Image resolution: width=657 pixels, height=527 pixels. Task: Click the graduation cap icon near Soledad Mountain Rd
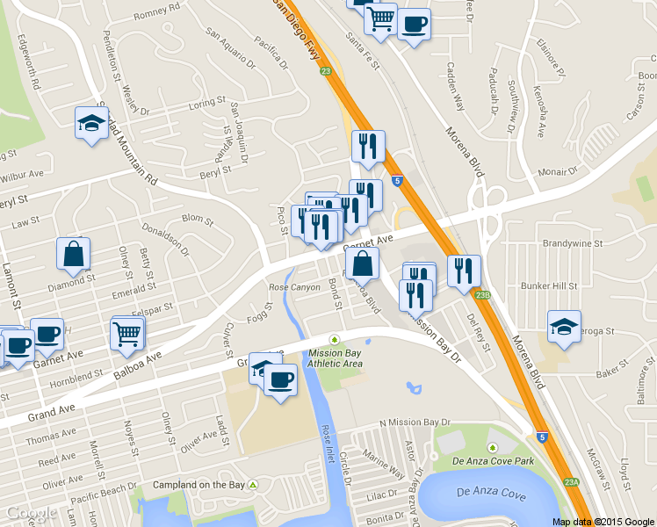tap(91, 124)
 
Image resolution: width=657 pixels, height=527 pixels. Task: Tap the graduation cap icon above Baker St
tap(564, 327)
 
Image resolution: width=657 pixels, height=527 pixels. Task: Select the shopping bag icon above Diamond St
tap(74, 254)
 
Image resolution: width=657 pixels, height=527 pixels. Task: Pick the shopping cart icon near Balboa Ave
tap(127, 333)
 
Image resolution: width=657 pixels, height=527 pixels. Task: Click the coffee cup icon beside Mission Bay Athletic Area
tap(280, 380)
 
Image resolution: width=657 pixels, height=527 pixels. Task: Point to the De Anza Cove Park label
tap(493, 460)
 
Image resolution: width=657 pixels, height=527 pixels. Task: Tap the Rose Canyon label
tap(295, 288)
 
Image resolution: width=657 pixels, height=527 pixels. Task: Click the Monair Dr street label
tap(558, 173)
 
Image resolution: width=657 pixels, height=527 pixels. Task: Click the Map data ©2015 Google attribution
tap(603, 521)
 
